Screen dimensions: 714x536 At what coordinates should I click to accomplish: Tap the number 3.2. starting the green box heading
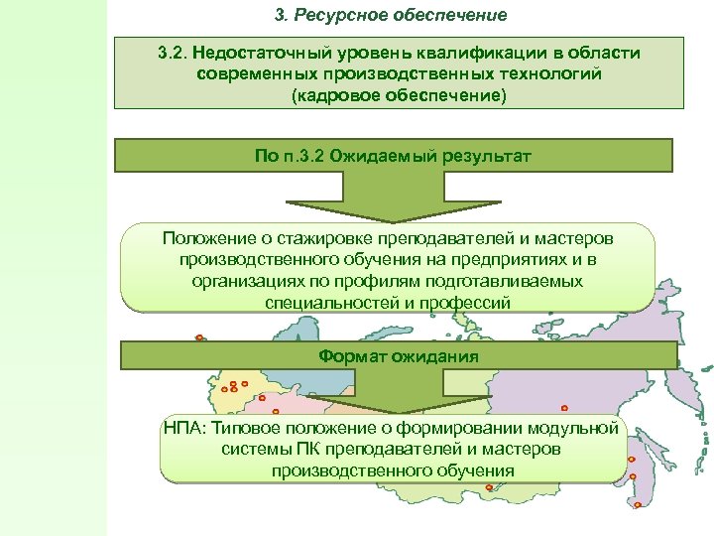coord(177,52)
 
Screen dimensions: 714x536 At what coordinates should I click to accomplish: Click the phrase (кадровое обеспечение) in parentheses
coord(398,95)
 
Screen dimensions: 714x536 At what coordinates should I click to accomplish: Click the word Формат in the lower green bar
coord(348,355)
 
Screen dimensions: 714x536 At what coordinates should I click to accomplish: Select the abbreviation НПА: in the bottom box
coord(185,428)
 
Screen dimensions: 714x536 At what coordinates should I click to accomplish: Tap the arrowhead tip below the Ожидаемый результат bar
coord(395,220)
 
